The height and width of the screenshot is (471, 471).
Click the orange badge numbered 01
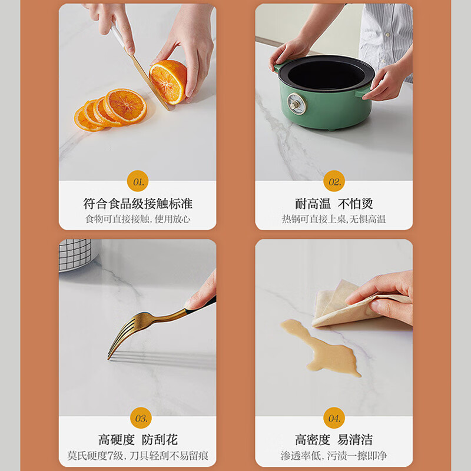[138, 181]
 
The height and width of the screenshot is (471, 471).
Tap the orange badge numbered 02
[334, 181]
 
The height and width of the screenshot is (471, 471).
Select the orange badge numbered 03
[141, 418]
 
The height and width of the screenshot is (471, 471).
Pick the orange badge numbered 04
[334, 418]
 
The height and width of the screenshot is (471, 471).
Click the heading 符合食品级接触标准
[138, 204]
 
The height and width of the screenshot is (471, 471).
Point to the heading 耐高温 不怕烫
[334, 204]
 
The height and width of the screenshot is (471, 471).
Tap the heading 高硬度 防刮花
[138, 440]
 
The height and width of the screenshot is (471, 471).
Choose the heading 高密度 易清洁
[334, 440]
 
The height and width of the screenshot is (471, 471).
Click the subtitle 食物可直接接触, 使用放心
[138, 219]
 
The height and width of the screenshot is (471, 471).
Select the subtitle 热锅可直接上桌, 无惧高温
[334, 219]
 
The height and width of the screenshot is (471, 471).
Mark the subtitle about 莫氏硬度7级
[138, 456]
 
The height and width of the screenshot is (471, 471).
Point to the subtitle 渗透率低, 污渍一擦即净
[334, 456]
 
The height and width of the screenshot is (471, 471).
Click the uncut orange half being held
[168, 82]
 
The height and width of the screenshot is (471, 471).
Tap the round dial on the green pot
[297, 104]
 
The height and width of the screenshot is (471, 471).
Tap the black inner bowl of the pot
[326, 74]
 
